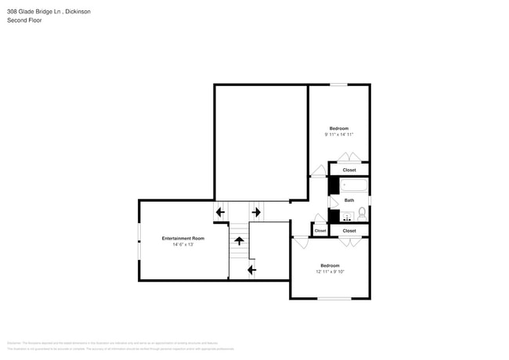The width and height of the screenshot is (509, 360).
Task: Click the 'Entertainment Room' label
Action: point(183,238)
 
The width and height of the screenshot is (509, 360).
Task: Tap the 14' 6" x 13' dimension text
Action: point(183,245)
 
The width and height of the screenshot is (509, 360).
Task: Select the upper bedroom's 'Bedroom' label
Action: point(339,128)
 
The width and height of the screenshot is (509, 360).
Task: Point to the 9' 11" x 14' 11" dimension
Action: point(339,135)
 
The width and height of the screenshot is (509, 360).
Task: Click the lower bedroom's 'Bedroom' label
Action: point(330,265)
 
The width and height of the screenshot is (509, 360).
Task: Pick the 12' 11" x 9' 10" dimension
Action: point(330,272)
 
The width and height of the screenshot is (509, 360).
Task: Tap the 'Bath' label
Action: point(349,200)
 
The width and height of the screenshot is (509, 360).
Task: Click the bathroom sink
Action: point(346,217)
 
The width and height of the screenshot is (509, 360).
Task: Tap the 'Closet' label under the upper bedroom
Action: point(349,170)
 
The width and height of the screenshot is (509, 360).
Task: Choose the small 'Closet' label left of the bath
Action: point(320,231)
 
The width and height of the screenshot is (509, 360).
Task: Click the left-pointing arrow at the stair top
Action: point(220,211)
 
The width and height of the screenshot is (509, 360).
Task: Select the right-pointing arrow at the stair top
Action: point(256,211)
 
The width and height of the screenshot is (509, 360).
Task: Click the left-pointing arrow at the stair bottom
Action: point(251,271)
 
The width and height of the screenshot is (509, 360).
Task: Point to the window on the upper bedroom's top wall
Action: point(339,85)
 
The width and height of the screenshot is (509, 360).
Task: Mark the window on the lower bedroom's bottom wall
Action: point(334,298)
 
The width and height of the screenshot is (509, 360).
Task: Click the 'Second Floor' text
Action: point(24,20)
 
